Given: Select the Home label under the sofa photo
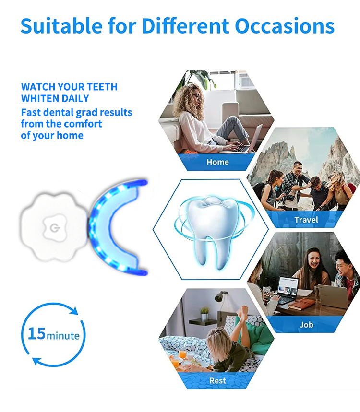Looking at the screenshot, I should (x=217, y=162).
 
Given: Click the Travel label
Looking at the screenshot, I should (x=306, y=220).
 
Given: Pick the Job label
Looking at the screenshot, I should (x=306, y=325).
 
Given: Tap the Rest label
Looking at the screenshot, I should (x=217, y=381).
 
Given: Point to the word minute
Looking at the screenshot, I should (x=63, y=335).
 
